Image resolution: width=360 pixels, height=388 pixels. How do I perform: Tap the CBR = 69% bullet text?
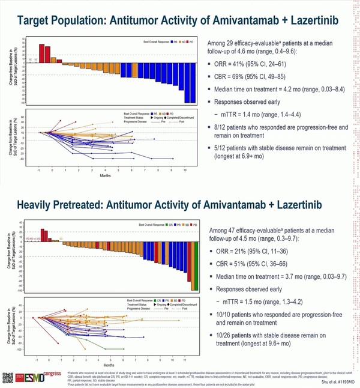click(251, 77)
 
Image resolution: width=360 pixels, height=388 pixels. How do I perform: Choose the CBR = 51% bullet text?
click(251, 263)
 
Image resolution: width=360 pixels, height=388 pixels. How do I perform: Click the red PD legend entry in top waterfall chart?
click(190, 43)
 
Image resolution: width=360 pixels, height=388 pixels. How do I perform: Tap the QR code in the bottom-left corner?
click(8, 378)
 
